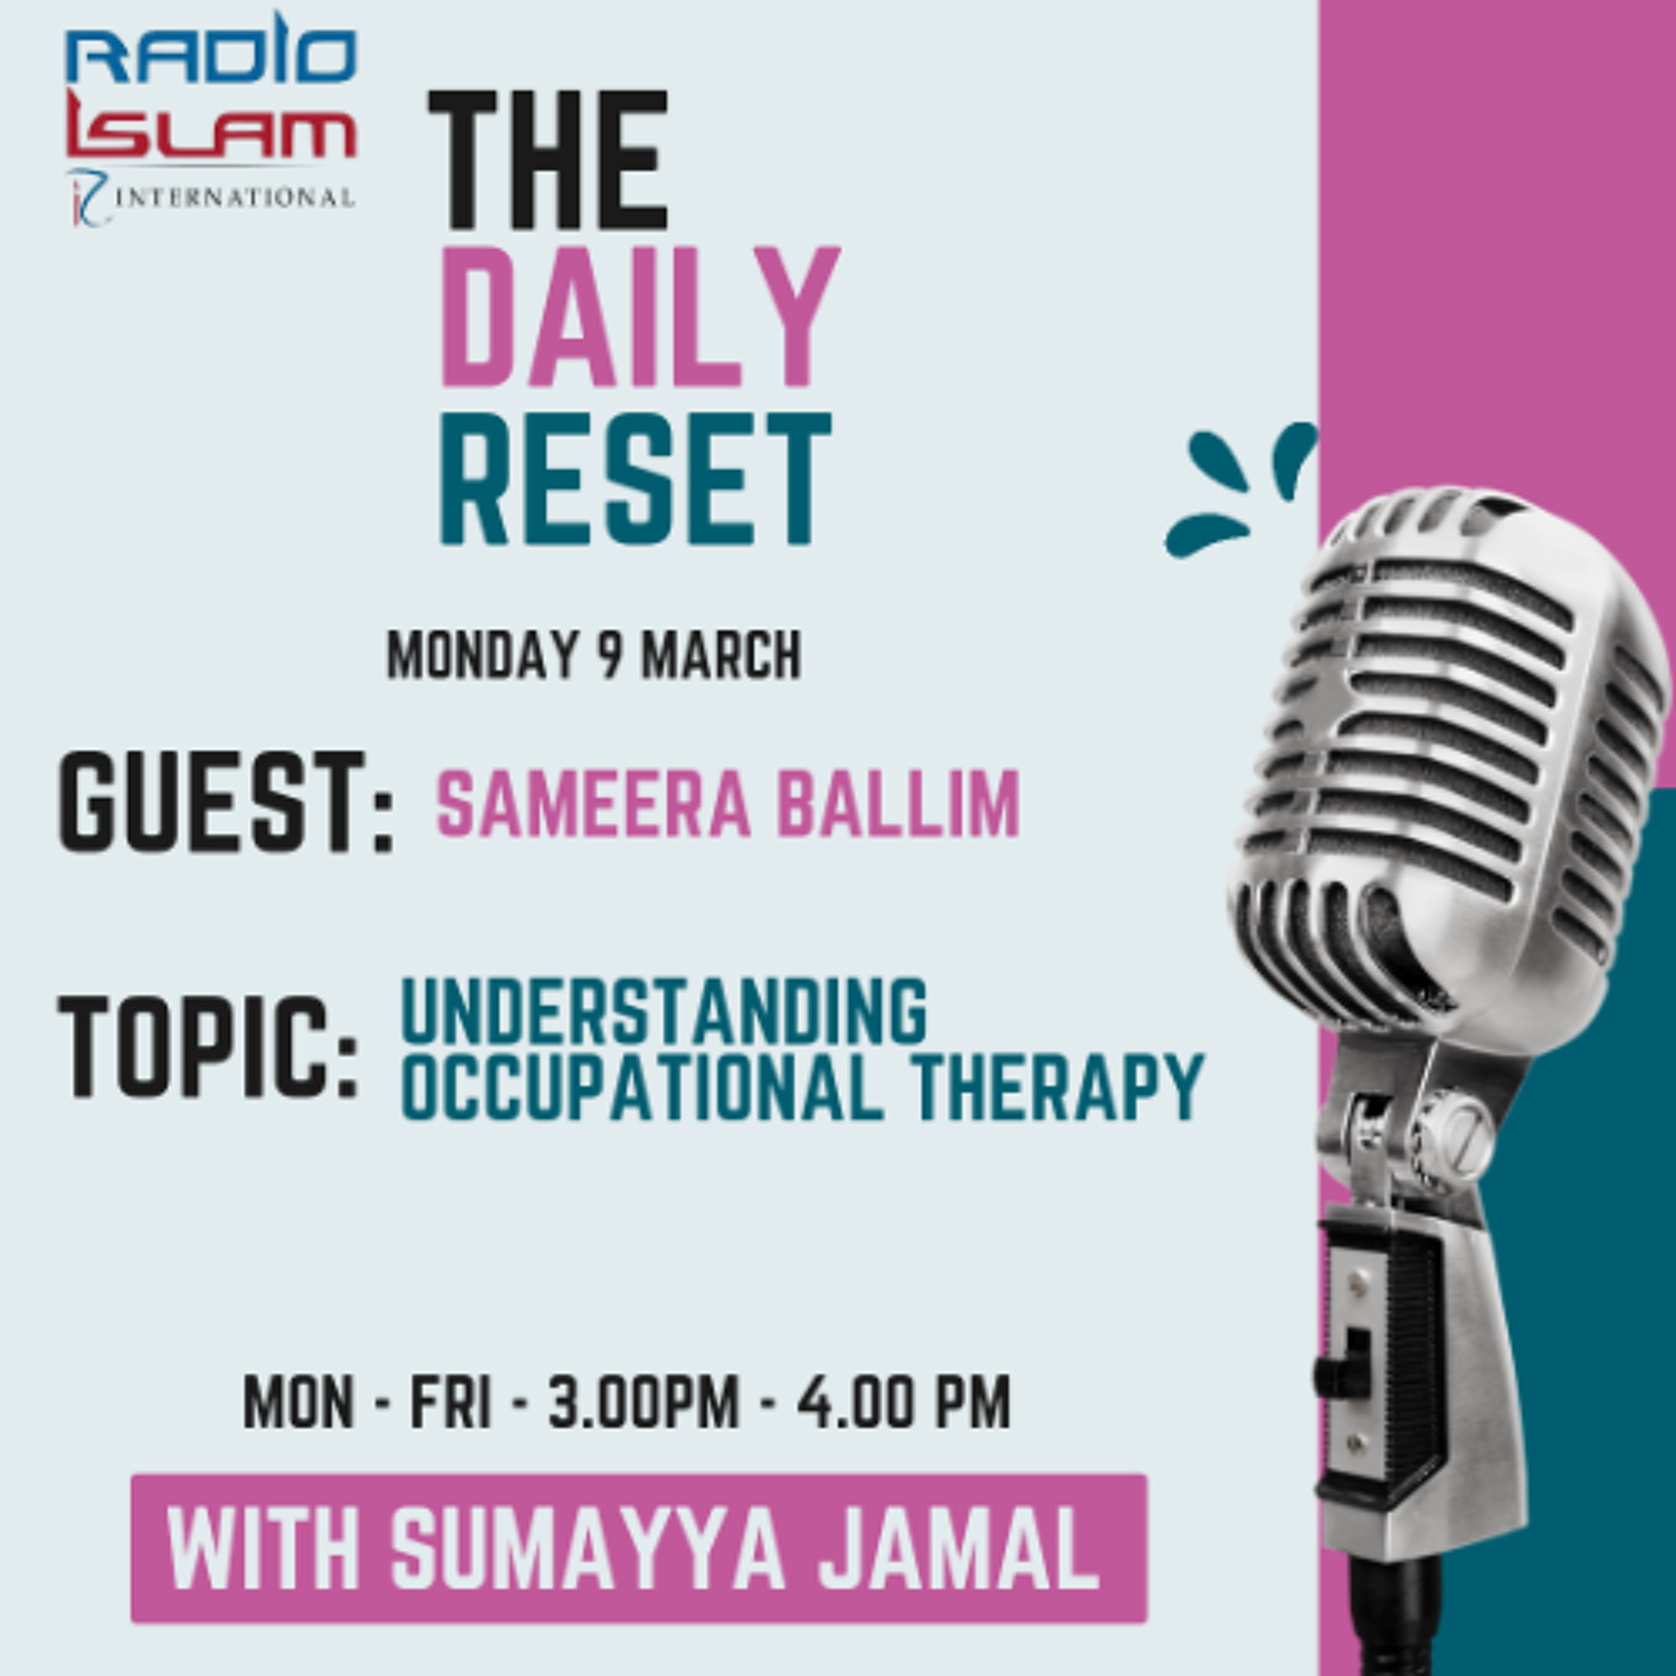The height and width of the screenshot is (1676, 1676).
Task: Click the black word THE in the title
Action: (x=548, y=161)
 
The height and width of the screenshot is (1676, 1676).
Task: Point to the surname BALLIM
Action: (x=898, y=804)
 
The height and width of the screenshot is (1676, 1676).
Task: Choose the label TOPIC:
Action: (x=209, y=1046)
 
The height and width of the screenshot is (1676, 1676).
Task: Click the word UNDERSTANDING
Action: (x=664, y=1012)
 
